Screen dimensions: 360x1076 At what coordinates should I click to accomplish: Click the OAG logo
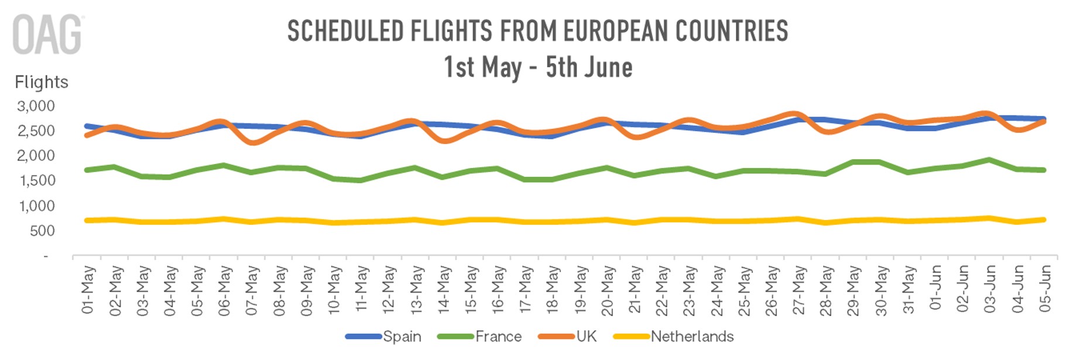click(x=47, y=35)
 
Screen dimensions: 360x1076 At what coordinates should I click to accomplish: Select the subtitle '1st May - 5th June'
click(x=537, y=67)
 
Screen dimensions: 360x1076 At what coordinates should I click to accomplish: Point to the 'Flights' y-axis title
click(x=41, y=82)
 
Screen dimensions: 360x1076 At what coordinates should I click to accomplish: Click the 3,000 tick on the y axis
click(x=36, y=106)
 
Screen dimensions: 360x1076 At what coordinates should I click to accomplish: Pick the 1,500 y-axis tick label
click(x=37, y=181)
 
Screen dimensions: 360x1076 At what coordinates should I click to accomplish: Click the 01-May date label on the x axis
click(x=87, y=289)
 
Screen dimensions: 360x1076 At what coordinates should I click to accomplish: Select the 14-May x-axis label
click(x=443, y=289)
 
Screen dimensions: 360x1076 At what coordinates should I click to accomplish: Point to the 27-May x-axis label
click(x=799, y=289)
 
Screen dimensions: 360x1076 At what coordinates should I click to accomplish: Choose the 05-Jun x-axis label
click(x=1045, y=288)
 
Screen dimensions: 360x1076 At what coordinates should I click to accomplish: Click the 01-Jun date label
click(x=935, y=288)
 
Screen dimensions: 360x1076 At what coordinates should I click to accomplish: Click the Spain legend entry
click(x=402, y=337)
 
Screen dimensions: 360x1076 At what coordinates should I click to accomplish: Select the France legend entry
click(x=498, y=337)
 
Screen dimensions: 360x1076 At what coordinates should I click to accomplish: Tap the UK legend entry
click(x=586, y=337)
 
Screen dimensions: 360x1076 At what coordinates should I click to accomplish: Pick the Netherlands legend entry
click(x=692, y=337)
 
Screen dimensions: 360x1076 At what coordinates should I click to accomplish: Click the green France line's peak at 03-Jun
click(x=989, y=159)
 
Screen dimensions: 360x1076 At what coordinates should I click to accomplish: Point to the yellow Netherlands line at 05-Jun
click(x=1044, y=220)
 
